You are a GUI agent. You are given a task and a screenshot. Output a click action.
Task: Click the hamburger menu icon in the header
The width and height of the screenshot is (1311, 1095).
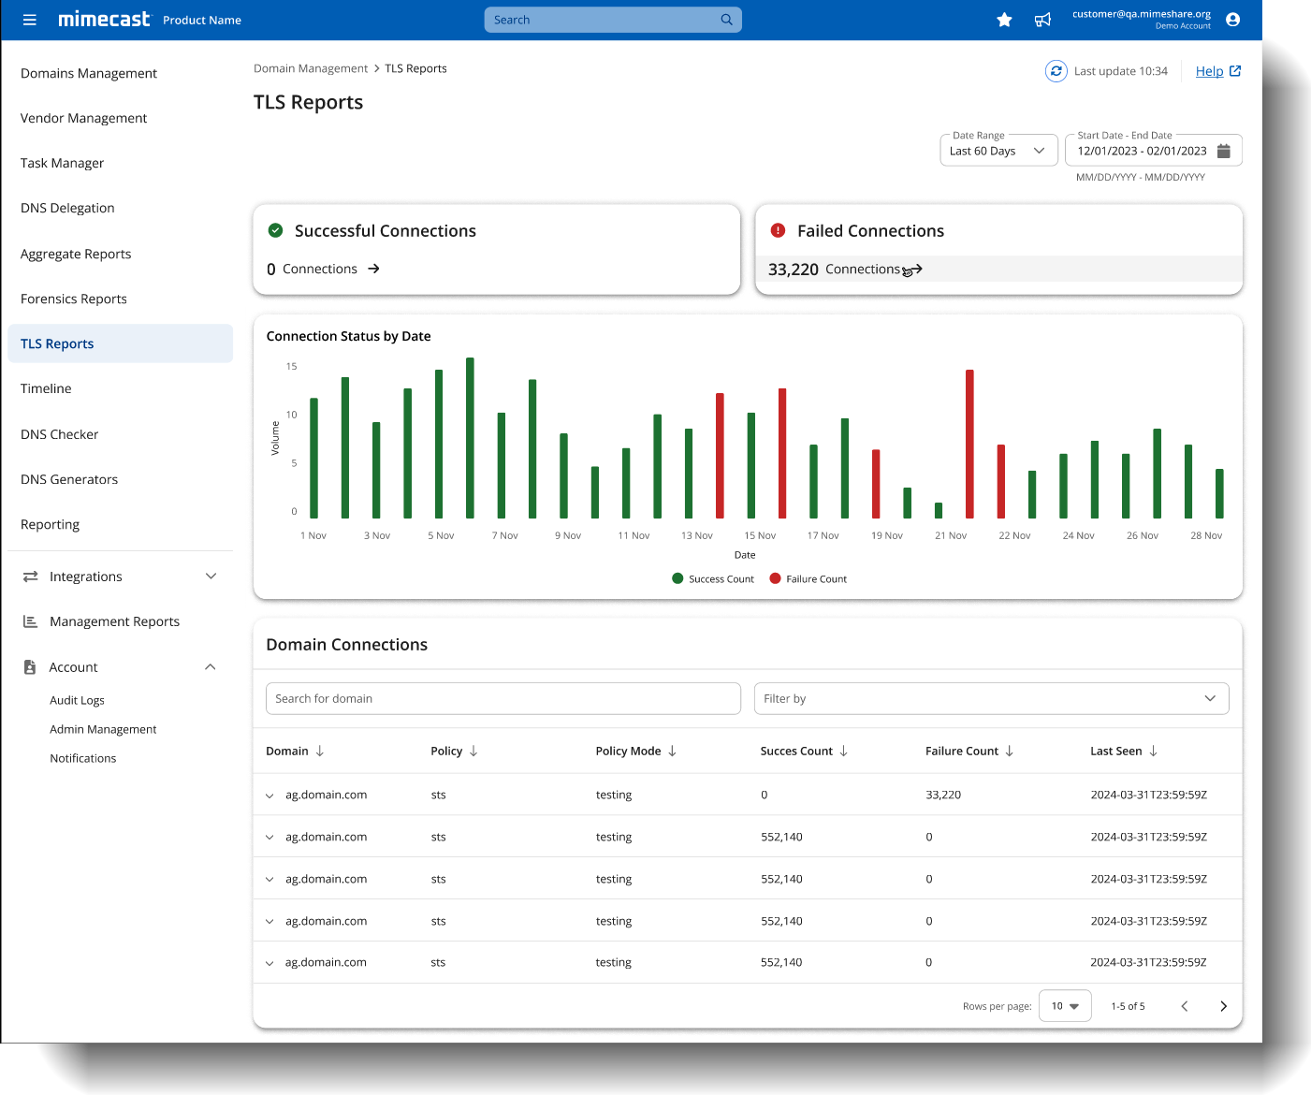(x=30, y=20)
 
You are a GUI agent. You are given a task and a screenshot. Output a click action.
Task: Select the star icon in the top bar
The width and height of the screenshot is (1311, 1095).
(x=1004, y=20)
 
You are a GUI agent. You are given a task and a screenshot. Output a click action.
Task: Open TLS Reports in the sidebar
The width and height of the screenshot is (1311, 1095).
(x=57, y=343)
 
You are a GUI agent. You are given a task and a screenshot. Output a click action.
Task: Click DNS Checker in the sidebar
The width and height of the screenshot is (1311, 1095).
(x=59, y=434)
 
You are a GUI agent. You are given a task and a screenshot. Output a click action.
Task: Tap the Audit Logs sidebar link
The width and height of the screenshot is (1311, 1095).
(x=77, y=700)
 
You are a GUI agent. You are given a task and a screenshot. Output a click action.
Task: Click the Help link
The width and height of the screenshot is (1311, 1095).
(x=1209, y=71)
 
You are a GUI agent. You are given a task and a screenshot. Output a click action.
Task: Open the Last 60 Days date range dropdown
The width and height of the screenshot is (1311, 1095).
(x=998, y=151)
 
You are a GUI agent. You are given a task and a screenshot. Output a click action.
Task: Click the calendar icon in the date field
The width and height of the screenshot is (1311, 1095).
(x=1223, y=151)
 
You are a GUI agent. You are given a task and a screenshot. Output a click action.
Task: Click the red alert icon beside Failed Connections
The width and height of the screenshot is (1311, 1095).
(x=778, y=230)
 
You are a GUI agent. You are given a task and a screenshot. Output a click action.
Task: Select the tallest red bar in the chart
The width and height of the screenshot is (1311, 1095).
(x=969, y=444)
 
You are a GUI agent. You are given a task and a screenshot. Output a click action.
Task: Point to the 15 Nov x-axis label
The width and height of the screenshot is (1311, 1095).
(x=760, y=535)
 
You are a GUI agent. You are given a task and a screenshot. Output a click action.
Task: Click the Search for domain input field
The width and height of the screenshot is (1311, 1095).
(x=503, y=698)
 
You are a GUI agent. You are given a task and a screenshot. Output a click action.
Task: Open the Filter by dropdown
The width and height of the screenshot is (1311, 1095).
(x=991, y=698)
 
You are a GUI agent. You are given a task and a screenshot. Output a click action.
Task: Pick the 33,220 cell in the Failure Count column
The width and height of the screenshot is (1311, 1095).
(x=943, y=795)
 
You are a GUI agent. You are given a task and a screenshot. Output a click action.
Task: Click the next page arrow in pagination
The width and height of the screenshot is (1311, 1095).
(x=1223, y=1006)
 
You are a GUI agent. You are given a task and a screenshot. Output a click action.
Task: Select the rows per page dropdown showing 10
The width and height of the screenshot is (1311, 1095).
(x=1065, y=1006)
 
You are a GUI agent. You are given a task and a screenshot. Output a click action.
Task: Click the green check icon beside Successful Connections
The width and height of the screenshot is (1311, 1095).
(x=276, y=230)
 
